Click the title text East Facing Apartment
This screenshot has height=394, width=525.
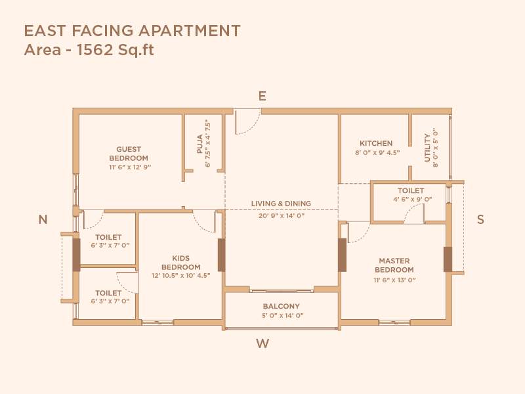[x=132, y=30]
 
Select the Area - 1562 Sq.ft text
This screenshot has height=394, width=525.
[x=89, y=50]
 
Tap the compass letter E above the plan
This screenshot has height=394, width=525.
[x=262, y=97]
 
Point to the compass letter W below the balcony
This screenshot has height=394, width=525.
[x=262, y=343]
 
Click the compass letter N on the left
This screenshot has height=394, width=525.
[x=43, y=220]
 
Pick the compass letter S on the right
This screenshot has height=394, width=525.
[x=480, y=220]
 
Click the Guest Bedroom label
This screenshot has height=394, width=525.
[x=129, y=154]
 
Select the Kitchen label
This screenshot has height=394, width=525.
[x=376, y=143]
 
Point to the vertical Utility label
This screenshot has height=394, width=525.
[x=427, y=148]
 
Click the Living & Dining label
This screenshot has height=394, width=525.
[x=281, y=204]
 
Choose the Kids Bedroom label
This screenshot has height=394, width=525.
[x=180, y=263]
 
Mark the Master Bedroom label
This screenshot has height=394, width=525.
[x=394, y=265]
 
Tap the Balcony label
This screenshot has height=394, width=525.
[x=281, y=306]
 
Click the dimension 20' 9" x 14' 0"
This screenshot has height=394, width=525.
[x=281, y=215]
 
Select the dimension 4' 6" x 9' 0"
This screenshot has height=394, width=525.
[x=412, y=200]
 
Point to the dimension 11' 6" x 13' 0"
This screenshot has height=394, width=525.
[x=394, y=279]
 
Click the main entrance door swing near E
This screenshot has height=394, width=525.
[x=247, y=123]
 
